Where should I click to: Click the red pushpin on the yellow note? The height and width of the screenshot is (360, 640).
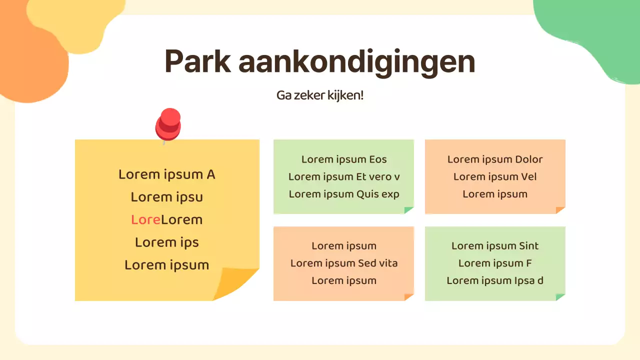coord(168,123)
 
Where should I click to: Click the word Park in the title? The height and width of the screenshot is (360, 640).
coord(197,62)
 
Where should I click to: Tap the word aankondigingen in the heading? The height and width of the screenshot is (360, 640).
coord(356,62)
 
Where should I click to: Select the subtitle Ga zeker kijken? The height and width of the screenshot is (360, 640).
coord(320,95)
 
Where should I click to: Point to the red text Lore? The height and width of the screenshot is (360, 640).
coord(145,219)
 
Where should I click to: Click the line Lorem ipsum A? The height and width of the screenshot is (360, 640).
coord(166,174)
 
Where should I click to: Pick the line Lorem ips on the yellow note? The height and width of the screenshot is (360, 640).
coord(166,242)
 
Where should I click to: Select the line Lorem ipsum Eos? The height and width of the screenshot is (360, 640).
coord(344,159)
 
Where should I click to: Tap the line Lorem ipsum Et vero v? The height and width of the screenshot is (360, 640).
coord(344,176)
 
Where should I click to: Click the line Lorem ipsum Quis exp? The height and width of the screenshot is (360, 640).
coord(344,194)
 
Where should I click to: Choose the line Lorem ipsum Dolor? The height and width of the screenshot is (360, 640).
coord(495,159)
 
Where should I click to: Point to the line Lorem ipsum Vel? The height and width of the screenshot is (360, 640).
coord(495,176)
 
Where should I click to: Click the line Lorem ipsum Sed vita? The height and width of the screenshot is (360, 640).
coord(344,263)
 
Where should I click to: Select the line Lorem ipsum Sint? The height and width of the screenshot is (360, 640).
coord(495,245)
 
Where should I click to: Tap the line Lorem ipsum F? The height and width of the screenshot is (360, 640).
coord(495,263)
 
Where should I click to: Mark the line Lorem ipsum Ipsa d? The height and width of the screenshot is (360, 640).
coord(495,280)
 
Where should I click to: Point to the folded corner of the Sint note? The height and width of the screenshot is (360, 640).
coord(560,297)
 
